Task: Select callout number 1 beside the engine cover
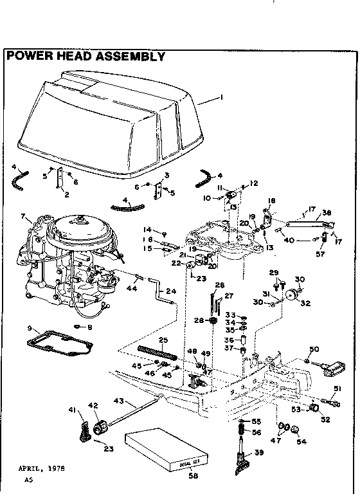(221, 98)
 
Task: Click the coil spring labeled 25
(157, 352)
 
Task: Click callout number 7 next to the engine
(23, 216)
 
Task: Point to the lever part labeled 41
(82, 430)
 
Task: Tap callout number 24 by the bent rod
(171, 291)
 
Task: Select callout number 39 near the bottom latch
(258, 452)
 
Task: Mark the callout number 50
(314, 349)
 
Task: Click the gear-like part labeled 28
(211, 320)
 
